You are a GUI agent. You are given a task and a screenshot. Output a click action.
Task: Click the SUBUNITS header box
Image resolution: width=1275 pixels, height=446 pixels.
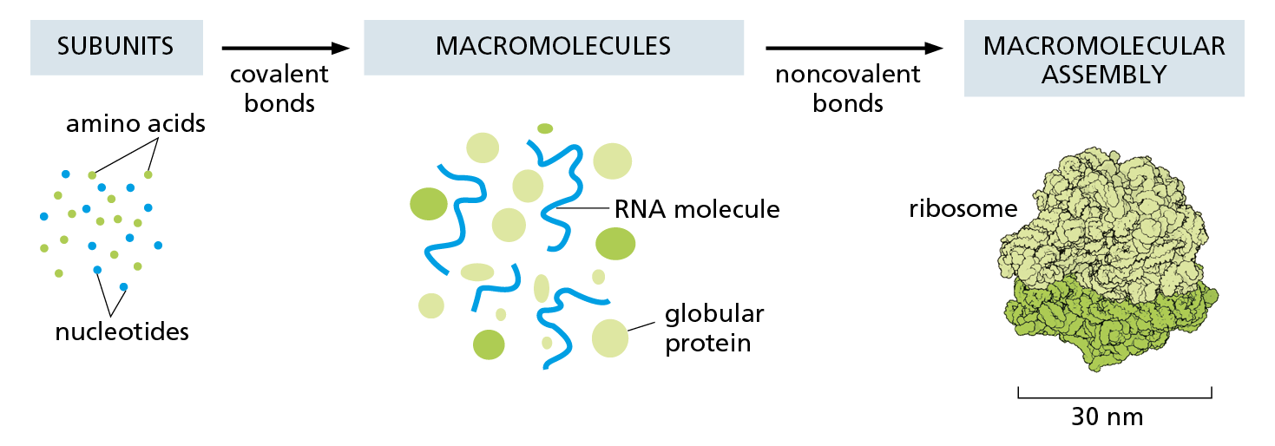point(115,46)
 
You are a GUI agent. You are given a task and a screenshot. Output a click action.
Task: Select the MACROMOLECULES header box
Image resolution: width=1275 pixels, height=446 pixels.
point(553,46)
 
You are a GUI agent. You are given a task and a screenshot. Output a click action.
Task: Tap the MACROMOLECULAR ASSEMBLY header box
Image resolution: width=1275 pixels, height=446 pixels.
point(1103,59)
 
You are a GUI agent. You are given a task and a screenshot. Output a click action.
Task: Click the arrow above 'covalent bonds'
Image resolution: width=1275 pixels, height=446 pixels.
point(285,49)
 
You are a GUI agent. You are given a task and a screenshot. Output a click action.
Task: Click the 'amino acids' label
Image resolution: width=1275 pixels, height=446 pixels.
point(135,124)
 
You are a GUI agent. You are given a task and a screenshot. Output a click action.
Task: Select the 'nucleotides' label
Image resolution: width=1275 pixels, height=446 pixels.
point(122,331)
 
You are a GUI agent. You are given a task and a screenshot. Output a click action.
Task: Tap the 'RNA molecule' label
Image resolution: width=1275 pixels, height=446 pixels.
point(697,209)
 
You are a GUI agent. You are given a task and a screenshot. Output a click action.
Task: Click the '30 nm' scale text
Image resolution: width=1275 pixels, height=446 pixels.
point(1107,417)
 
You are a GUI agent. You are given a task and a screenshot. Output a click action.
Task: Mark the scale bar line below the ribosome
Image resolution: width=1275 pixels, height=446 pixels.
point(1114,397)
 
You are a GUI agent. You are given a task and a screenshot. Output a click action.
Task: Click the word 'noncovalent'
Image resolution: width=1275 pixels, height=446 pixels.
point(847,75)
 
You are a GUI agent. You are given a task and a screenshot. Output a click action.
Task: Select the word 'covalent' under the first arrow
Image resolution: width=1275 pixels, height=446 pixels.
point(279,75)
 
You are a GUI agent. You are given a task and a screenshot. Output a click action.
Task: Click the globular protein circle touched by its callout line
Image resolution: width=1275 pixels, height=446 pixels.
point(610,338)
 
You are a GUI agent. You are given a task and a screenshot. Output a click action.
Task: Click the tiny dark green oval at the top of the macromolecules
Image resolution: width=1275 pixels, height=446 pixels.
point(545,128)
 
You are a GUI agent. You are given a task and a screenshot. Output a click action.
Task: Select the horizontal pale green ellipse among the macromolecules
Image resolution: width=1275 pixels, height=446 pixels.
point(477,272)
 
